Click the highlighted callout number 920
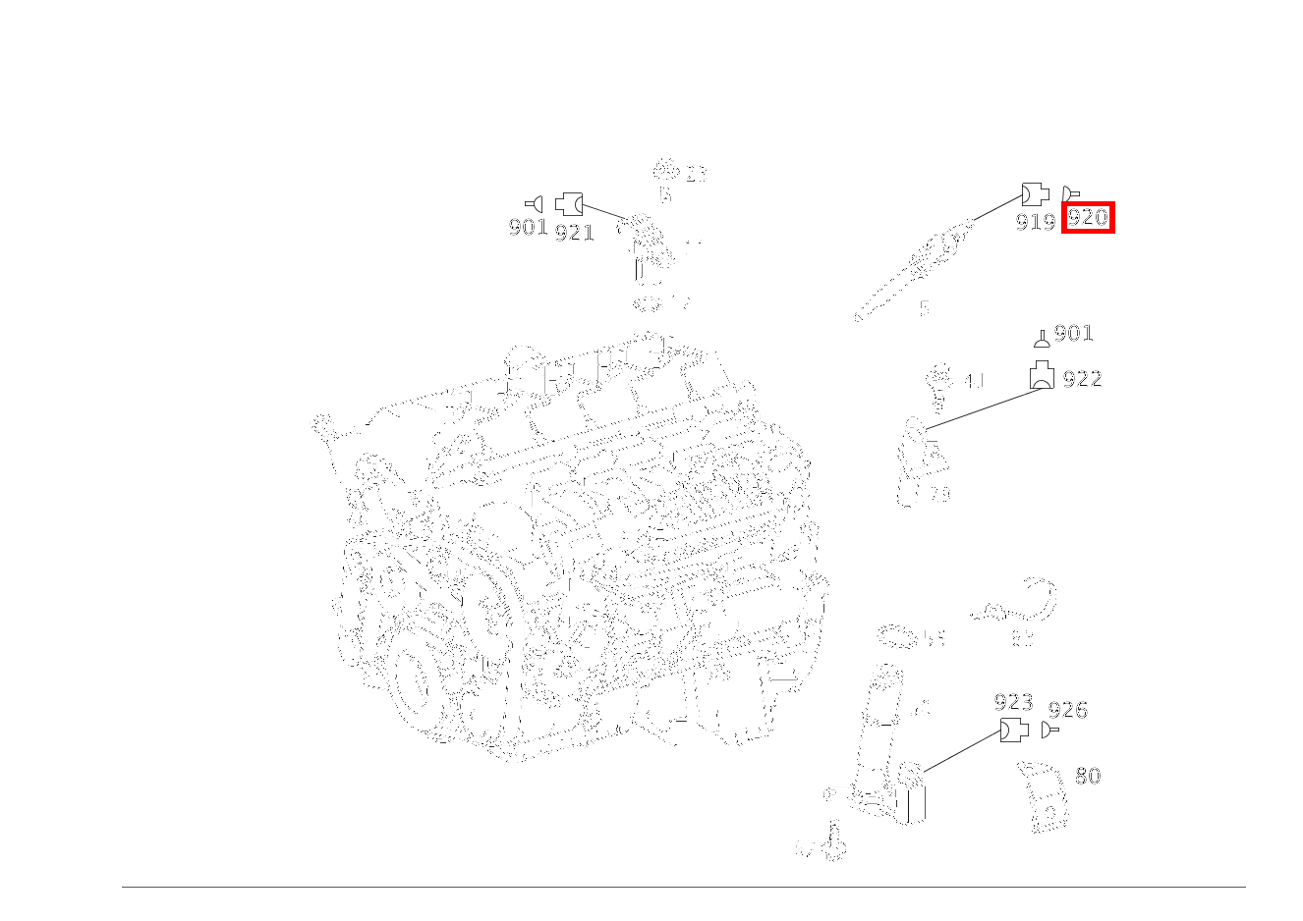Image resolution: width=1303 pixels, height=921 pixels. (x=1088, y=217)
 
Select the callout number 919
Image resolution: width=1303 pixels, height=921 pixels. (x=1035, y=222)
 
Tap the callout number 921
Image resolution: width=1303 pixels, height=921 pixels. (x=575, y=233)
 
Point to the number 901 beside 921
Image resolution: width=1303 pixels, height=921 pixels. (x=528, y=227)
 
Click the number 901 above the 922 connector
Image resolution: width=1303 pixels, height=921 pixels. (x=1073, y=333)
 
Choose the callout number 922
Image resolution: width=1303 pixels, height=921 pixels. (x=1082, y=379)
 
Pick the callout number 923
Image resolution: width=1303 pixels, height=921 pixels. (x=1013, y=702)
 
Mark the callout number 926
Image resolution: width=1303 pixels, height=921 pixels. (x=1067, y=710)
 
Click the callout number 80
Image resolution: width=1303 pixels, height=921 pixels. (x=1087, y=776)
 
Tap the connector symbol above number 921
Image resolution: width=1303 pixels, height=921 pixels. (x=569, y=204)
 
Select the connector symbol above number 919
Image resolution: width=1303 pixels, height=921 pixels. (x=1035, y=193)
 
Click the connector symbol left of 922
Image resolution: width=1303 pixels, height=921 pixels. (x=1042, y=376)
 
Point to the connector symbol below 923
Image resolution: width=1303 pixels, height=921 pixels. (x=1013, y=731)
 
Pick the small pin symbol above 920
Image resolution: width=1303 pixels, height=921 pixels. (x=1071, y=193)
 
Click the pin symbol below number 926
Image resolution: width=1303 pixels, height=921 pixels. (x=1050, y=731)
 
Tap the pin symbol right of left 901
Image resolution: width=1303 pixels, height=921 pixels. (x=535, y=204)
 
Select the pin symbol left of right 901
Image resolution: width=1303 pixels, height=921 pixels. (x=1042, y=340)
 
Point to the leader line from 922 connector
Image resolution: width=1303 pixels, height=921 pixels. (x=983, y=408)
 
